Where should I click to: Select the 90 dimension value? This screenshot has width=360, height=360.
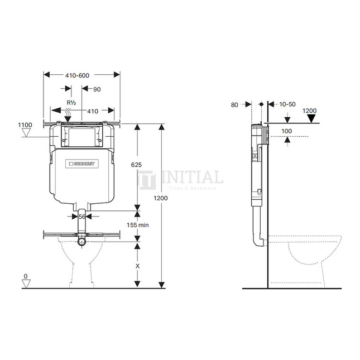[x=97, y=89]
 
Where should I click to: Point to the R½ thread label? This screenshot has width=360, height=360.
[x=71, y=103]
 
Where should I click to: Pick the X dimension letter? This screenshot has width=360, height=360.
[x=138, y=266]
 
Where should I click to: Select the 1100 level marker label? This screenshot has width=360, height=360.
[x=25, y=125]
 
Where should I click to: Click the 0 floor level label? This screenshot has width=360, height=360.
[x=25, y=277]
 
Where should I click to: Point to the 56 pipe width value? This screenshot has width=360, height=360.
[x=82, y=217]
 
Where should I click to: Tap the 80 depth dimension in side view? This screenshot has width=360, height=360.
[x=234, y=104]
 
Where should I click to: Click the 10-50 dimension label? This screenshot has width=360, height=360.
[x=288, y=104]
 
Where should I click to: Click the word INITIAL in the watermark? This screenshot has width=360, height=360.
[x=191, y=178]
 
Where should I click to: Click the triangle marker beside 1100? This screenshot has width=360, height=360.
[x=25, y=133]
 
